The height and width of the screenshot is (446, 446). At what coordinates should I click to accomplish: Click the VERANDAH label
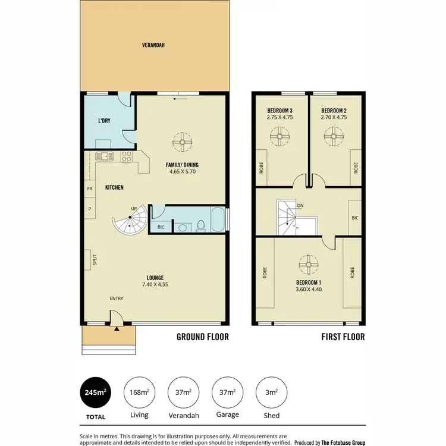pyautogui.click(x=153, y=45)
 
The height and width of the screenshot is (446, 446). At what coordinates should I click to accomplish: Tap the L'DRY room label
pyautogui.click(x=104, y=121)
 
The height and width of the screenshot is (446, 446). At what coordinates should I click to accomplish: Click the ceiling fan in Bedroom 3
pyautogui.click(x=278, y=136)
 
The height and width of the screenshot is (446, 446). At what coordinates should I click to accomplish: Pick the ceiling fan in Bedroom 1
pyautogui.click(x=308, y=262)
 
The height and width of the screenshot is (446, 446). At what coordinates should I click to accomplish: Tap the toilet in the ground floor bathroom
pyautogui.click(x=202, y=225)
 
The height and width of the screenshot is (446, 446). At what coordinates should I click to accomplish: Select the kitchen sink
pyautogui.click(x=104, y=156)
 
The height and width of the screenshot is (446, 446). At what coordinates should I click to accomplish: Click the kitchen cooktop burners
pyautogui.click(x=126, y=156)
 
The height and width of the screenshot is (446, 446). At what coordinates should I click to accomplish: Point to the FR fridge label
pyautogui.click(x=90, y=189)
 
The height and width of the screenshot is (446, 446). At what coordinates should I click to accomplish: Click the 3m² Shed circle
pyautogui.click(x=271, y=392)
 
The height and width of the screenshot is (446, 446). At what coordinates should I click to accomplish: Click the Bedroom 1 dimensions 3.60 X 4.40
pyautogui.click(x=308, y=290)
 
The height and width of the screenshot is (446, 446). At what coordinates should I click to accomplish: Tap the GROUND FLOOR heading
pyautogui.click(x=202, y=337)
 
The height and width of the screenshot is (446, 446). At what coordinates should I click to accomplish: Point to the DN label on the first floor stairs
pyautogui.click(x=300, y=206)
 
